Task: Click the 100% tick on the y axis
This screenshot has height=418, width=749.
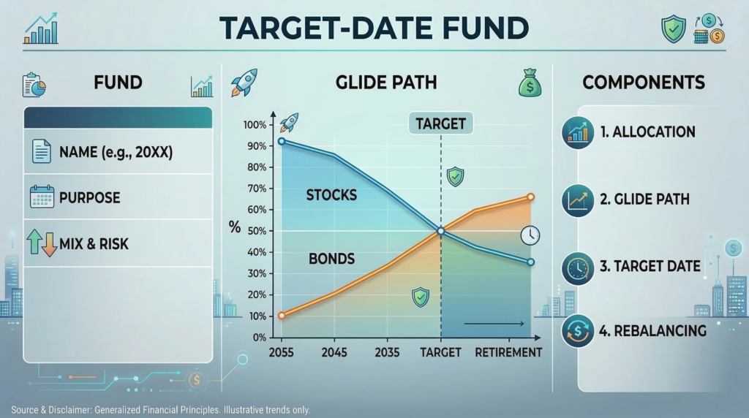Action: coord(255,125)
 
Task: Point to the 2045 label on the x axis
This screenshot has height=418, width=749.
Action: coord(334,352)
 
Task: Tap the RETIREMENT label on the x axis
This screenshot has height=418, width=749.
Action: coord(508,352)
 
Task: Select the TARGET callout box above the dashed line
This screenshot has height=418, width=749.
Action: coord(440,123)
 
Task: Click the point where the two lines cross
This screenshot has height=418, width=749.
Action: coord(441,231)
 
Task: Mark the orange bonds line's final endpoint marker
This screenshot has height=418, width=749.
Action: coord(530,197)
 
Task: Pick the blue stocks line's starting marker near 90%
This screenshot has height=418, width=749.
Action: coord(282,142)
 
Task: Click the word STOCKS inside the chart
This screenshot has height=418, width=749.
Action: coord(332,195)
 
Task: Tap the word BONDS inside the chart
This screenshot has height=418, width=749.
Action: coord(331,259)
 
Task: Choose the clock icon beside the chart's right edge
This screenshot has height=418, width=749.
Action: coord(530,235)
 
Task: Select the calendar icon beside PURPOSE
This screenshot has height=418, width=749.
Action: coord(42,197)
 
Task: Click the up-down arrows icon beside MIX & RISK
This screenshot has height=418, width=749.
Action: coord(42,243)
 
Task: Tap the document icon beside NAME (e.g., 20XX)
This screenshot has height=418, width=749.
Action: coord(42,152)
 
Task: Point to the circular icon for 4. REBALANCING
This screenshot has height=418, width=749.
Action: coord(578,331)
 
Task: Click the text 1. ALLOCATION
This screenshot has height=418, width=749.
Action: coord(647,132)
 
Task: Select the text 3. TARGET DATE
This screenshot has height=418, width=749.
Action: coord(650,267)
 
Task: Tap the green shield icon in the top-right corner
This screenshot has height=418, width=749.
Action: coord(673,28)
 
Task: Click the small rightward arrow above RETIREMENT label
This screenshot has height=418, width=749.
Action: coord(494,324)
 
